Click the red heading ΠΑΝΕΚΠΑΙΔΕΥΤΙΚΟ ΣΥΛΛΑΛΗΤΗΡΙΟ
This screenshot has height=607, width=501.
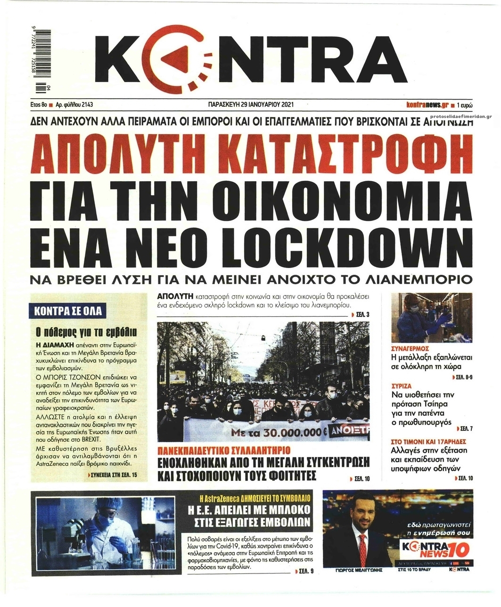(x=224, y=448)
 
